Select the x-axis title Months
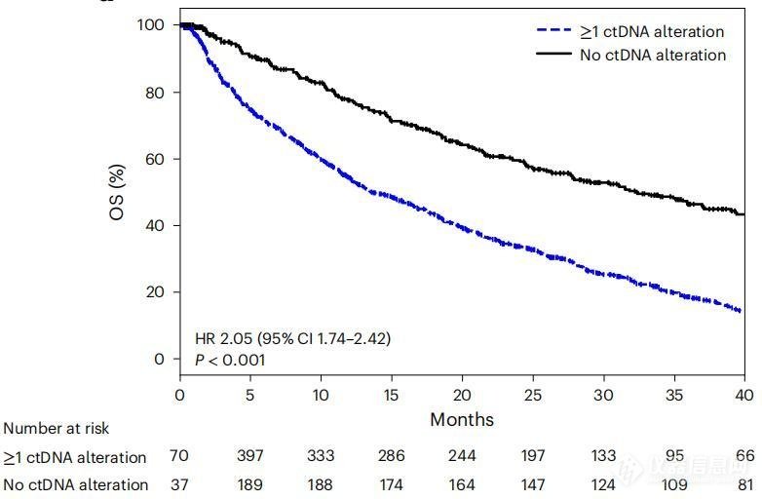[x=462, y=420]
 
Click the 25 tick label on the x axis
[x=532, y=395]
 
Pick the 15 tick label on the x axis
[x=391, y=395]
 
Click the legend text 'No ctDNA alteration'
[x=653, y=55]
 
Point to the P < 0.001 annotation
[x=230, y=360]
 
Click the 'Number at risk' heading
[x=57, y=428]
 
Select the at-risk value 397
[x=250, y=456]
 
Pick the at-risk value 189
[x=250, y=484]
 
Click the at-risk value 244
[x=462, y=456]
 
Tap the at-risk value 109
[x=673, y=484]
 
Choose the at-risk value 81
[x=743, y=484]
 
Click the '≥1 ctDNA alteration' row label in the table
[x=75, y=456]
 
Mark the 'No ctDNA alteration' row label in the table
[x=75, y=484]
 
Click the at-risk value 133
[x=603, y=456]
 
